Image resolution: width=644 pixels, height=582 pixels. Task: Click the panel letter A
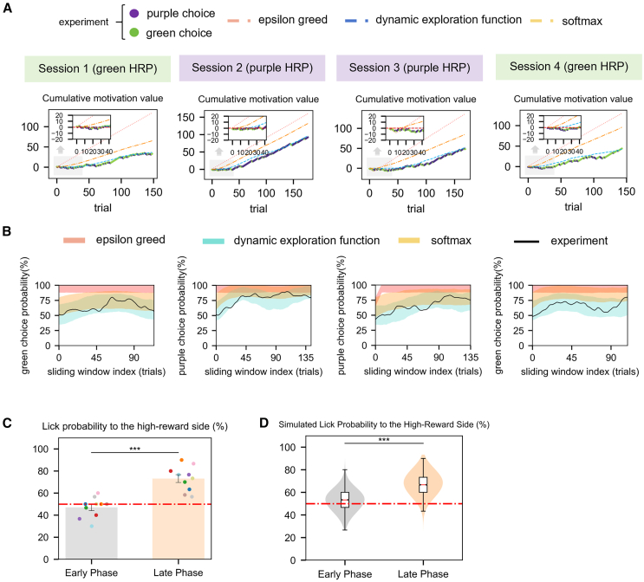(8, 8)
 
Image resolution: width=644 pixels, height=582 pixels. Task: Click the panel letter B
(8, 232)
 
